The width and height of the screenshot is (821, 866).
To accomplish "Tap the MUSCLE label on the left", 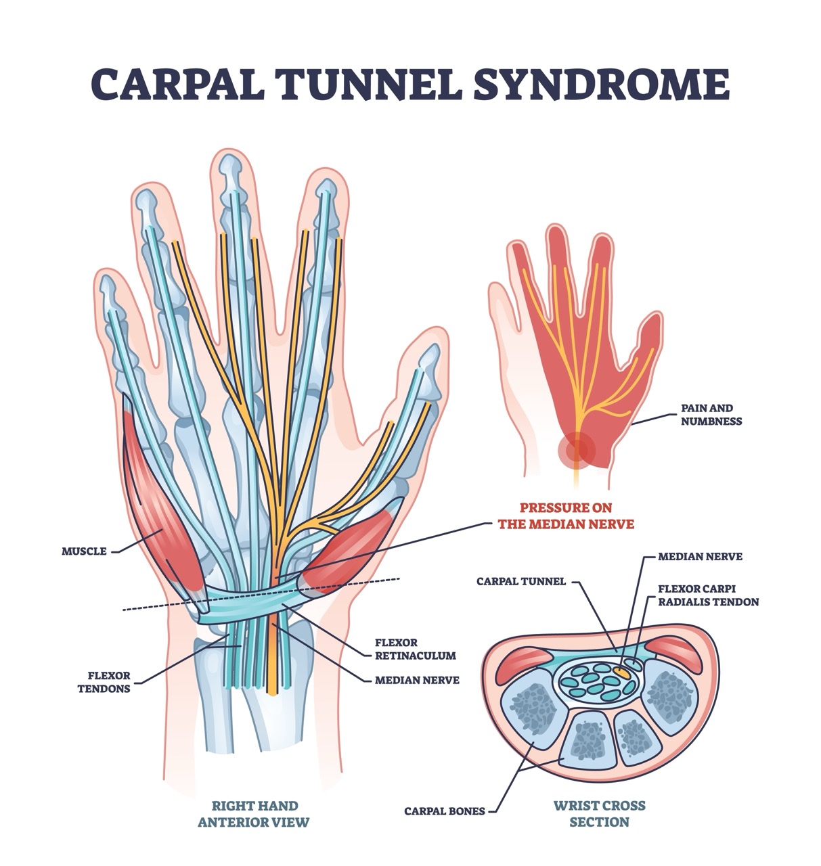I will [84, 551].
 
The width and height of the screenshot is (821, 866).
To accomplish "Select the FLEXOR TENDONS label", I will [108, 682].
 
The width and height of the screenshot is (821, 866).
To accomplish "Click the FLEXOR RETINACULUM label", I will [415, 648].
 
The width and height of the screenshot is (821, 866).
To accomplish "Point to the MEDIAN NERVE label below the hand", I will [416, 680].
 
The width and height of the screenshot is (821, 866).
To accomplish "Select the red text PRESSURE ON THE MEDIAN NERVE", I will [566, 515].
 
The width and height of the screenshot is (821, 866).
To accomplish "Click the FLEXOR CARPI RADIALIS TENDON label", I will [708, 595].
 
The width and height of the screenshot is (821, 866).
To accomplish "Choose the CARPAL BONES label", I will [444, 811].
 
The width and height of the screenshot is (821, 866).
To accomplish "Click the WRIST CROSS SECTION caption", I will [599, 814].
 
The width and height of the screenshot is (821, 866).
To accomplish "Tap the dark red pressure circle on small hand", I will [576, 449].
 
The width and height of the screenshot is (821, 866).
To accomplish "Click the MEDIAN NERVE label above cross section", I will [700, 556].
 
